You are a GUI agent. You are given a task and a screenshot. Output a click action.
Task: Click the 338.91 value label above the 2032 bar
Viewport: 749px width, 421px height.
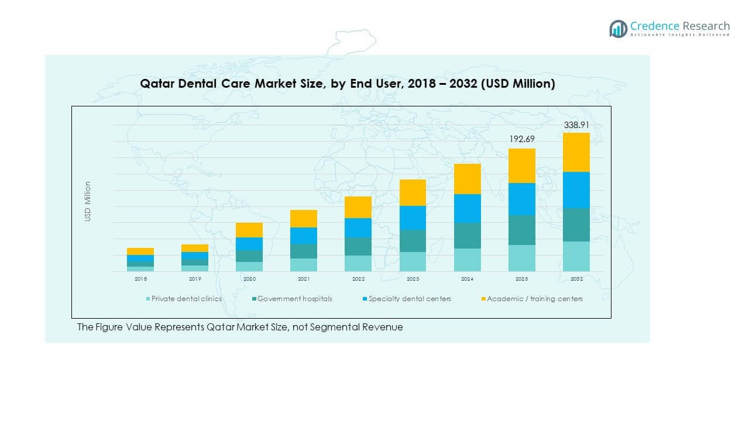pos(576,125)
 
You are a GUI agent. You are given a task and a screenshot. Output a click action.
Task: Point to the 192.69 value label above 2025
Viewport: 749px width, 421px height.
pos(521,139)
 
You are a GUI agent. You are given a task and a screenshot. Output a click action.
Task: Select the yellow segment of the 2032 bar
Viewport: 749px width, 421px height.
pos(576,152)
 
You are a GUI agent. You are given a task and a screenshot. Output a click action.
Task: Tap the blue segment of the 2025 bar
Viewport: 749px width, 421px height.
pos(521,199)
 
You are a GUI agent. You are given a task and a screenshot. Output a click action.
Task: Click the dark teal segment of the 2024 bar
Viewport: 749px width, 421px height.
pos(467,236)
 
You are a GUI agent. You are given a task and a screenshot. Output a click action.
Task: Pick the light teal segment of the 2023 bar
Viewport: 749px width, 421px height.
pos(413,261)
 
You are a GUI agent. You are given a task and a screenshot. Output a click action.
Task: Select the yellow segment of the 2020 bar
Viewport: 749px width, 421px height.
pos(249,230)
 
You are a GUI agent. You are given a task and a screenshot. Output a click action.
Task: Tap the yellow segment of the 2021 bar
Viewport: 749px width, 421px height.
pos(304,219)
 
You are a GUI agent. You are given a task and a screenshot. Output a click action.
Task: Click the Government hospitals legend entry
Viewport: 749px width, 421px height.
pos(294,299)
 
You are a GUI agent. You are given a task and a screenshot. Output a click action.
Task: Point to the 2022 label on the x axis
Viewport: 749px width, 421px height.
pos(358,279)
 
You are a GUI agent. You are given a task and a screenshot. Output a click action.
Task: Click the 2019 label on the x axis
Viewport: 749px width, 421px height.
pos(195,279)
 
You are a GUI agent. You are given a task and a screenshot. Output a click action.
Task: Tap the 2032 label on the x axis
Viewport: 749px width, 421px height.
pos(576,279)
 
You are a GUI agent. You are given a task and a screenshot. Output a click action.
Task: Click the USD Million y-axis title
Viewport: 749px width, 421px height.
pos(88,201)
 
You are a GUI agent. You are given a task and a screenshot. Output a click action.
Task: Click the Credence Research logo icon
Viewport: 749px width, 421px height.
pos(618,29)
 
